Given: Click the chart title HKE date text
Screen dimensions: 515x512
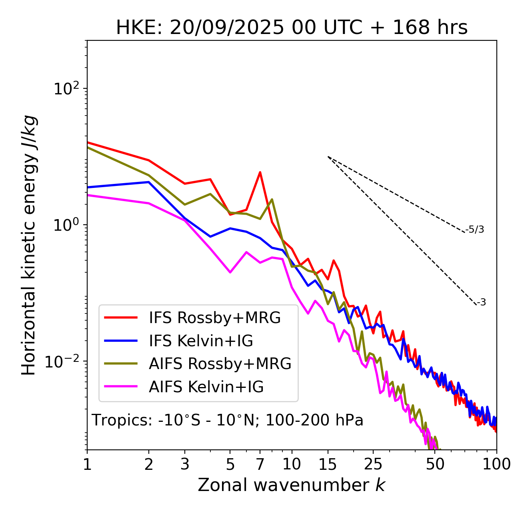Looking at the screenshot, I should point(292,28).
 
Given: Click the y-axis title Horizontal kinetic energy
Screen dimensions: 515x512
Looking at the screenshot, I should point(29,245).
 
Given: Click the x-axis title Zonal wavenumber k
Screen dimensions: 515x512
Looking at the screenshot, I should point(291,485).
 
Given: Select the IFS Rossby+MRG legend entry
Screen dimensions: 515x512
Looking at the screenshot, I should point(214,317).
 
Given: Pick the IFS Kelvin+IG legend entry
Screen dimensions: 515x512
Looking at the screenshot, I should point(201,341).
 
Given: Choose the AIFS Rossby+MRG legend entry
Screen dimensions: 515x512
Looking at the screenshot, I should point(220,363).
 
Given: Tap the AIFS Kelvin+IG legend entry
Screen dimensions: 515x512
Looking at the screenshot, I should point(206,387).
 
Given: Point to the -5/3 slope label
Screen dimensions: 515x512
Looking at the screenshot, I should point(475,230).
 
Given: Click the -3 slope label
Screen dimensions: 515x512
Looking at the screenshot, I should point(481,303).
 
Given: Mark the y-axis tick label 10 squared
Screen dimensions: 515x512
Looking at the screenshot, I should point(66,88).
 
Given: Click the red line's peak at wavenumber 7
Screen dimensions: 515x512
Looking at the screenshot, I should point(260,172).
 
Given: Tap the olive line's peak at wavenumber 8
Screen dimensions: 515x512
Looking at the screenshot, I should point(272,199).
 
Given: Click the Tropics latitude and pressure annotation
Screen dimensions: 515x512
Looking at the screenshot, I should point(227,420).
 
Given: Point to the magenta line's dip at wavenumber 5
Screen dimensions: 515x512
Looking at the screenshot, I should point(230,272).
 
